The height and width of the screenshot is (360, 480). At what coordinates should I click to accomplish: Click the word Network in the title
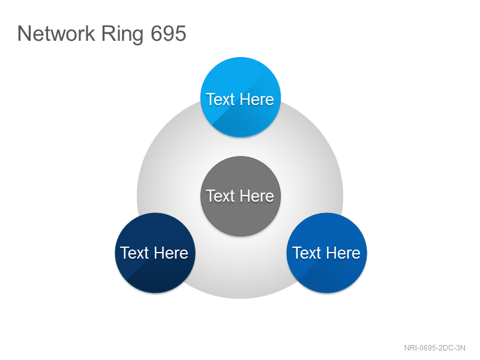[x=56, y=33]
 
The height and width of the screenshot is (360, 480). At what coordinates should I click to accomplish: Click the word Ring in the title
[x=122, y=35]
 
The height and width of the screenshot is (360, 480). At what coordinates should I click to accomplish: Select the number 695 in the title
[x=169, y=33]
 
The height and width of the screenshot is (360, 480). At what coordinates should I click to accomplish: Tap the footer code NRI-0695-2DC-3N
[x=434, y=348]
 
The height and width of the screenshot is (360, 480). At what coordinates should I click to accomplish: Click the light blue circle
[x=241, y=97]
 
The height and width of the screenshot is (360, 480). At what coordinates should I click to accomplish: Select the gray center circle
[x=241, y=196]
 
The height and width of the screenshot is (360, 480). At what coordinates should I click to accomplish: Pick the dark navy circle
[x=155, y=253]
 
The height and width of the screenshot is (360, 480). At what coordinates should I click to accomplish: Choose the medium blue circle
[x=326, y=253]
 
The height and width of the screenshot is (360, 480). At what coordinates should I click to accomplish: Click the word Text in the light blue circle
[x=220, y=99]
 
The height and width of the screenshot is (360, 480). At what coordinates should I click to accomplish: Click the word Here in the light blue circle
[x=257, y=99]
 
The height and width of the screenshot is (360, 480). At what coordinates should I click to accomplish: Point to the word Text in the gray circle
[x=220, y=196]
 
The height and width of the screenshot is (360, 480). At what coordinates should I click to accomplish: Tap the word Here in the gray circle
[x=257, y=196]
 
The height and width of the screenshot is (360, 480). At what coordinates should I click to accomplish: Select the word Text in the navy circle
[x=134, y=253]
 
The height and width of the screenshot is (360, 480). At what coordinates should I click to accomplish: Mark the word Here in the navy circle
[x=171, y=253]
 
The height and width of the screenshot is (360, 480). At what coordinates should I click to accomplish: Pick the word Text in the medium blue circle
[x=307, y=253]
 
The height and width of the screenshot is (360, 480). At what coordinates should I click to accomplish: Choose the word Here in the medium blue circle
[x=343, y=253]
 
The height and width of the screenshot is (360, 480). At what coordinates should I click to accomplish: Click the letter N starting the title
[x=23, y=33]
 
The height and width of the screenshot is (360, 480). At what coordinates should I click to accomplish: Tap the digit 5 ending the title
[x=181, y=34]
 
